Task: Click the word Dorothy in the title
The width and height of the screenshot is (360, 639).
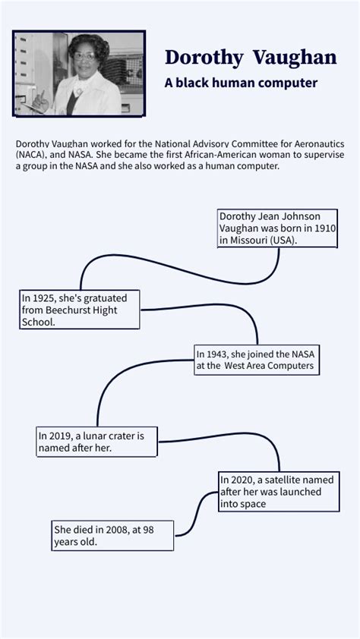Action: point(204,58)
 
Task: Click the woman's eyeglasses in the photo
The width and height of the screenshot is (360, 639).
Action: point(84,56)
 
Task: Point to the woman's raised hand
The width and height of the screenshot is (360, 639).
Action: point(40,101)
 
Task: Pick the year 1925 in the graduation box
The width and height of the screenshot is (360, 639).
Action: point(44,298)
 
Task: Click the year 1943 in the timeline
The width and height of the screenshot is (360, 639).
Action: point(218,353)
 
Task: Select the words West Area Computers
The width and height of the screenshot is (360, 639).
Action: point(269,365)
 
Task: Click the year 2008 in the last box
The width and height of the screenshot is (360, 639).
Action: point(116,530)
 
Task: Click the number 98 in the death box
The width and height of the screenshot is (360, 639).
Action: point(149,530)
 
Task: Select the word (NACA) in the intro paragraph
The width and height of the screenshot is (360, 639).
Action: point(32,156)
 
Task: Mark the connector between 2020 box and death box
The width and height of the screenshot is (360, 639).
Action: point(197,514)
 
